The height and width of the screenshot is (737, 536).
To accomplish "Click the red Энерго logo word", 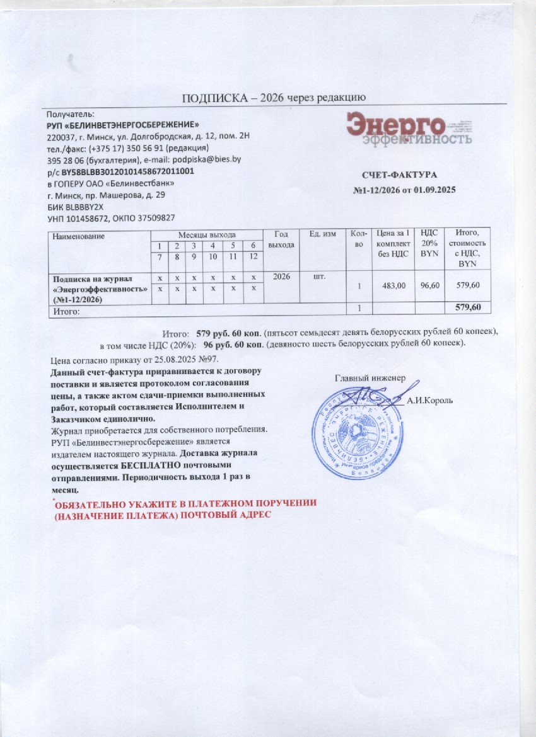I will [x=396, y=123].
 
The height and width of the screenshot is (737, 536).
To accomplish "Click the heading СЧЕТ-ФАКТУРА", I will [x=399, y=174].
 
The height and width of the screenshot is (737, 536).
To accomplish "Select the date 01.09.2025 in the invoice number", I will [x=434, y=190].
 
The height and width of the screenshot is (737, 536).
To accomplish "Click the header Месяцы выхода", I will [x=207, y=234].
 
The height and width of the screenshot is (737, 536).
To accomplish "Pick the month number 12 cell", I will [x=253, y=256].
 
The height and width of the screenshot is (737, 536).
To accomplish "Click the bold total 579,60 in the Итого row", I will [x=468, y=307].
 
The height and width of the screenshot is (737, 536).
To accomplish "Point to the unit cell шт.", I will [x=320, y=276].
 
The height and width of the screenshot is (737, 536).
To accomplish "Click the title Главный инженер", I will [x=368, y=379].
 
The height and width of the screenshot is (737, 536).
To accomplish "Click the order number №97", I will [x=207, y=360].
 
